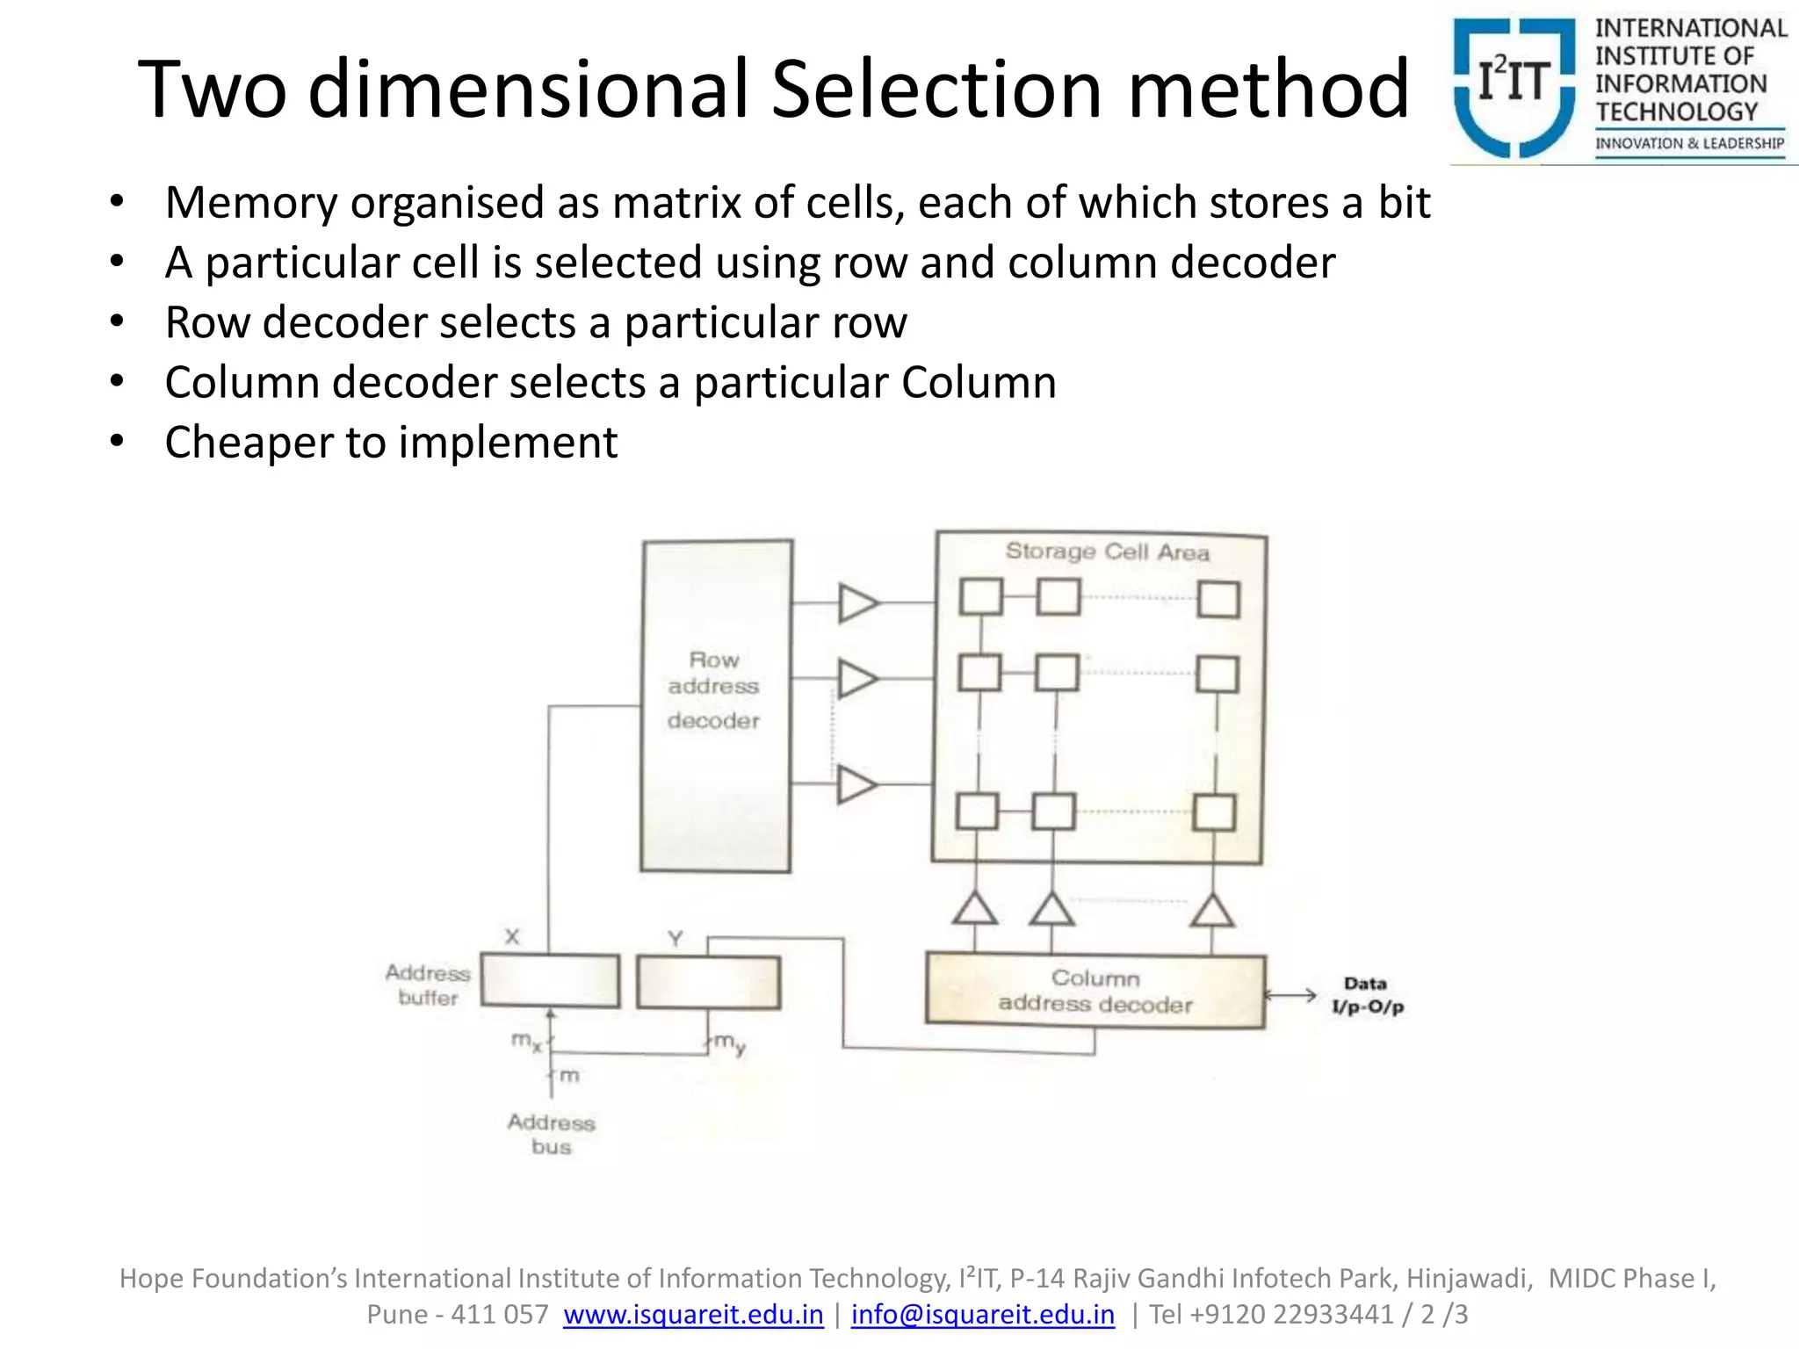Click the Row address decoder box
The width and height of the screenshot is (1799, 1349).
click(x=716, y=705)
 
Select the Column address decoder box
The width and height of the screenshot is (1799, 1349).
click(x=1095, y=991)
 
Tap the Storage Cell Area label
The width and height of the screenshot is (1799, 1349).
click(x=1107, y=552)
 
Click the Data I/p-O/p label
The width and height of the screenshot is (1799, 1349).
click(x=1367, y=995)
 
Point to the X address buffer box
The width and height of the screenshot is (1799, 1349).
click(x=550, y=980)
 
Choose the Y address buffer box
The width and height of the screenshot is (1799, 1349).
click(x=708, y=982)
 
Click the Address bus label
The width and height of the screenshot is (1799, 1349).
click(x=551, y=1134)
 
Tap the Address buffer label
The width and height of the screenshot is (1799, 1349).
click(x=428, y=985)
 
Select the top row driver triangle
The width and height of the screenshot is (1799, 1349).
click(x=856, y=603)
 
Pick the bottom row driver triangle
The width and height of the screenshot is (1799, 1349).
click(x=856, y=784)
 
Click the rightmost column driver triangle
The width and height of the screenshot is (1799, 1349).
click(x=1213, y=912)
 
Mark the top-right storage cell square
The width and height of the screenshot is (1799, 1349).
click(x=1219, y=600)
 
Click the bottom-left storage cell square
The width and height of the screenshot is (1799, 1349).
click(x=977, y=812)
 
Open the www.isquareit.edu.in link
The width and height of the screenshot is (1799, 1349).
click(x=693, y=1314)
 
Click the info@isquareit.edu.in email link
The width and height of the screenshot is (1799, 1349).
click(x=982, y=1314)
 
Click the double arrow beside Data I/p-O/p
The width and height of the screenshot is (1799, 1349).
click(x=1290, y=995)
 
